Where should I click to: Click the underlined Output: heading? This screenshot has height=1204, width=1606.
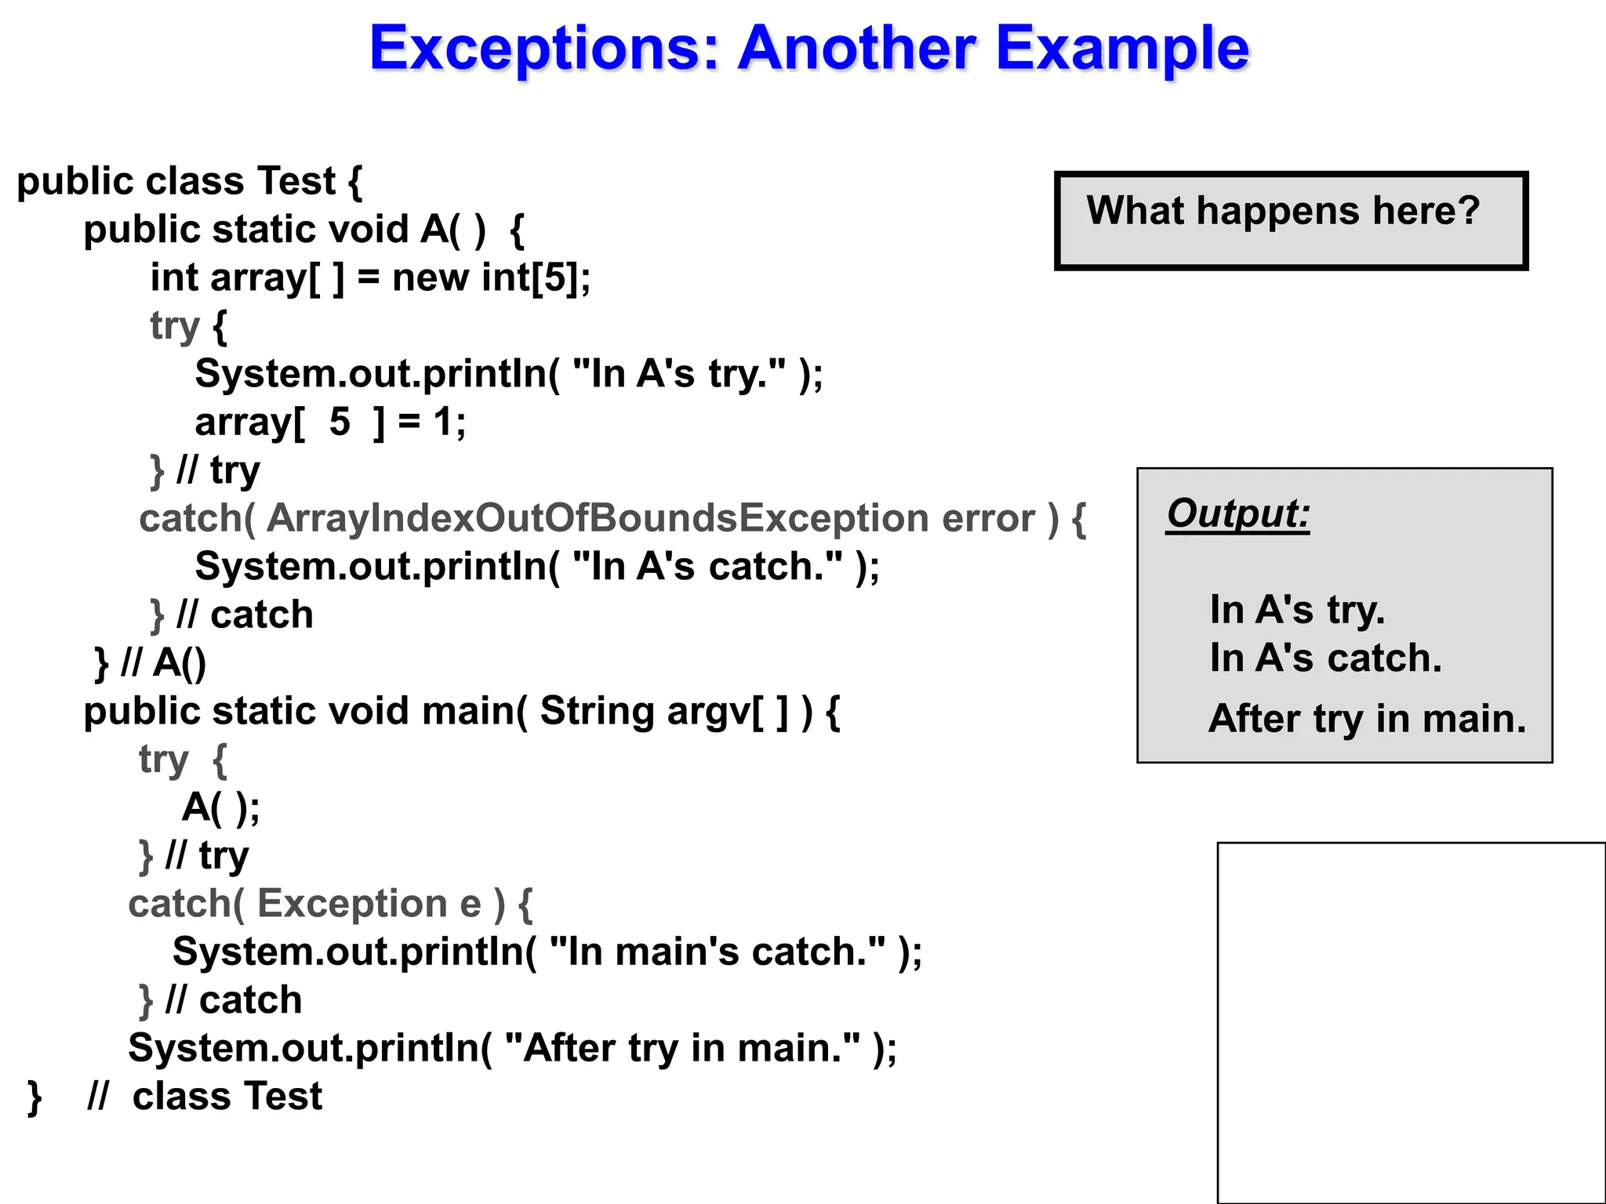tap(1237, 514)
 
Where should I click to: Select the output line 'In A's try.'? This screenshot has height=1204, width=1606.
tap(1297, 610)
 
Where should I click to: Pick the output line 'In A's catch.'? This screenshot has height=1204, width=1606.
tap(1325, 658)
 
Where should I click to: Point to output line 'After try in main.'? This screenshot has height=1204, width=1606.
tap(1367, 718)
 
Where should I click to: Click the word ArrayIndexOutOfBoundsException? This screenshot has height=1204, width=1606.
tap(598, 518)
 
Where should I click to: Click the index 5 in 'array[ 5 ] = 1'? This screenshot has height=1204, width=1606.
tap(340, 422)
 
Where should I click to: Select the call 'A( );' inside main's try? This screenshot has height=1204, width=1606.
tap(220, 807)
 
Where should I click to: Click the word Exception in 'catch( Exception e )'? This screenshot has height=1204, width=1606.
tap(352, 903)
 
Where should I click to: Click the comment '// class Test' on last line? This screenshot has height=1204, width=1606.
tap(205, 1096)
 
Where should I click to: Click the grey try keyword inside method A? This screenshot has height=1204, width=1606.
tap(174, 326)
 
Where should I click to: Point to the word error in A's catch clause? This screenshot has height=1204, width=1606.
tap(988, 518)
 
